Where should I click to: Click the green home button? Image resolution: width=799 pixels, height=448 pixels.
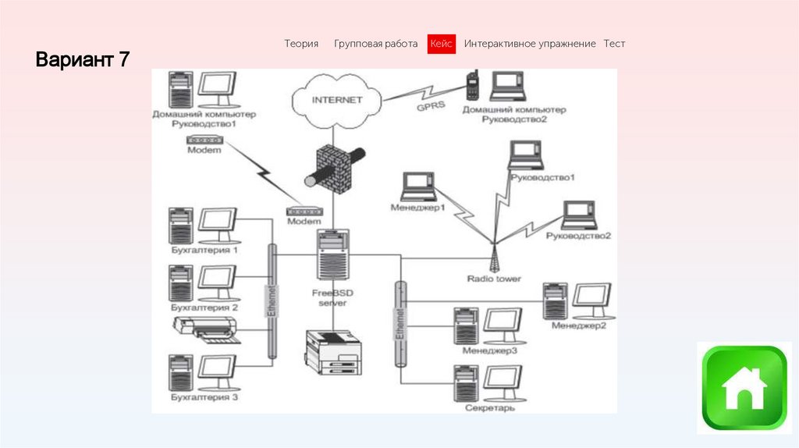[x=744, y=389]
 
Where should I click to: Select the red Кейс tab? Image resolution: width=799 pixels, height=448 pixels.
[x=441, y=44]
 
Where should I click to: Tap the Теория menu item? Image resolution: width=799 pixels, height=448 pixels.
[x=301, y=44]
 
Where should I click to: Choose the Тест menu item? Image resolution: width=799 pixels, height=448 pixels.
[x=614, y=44]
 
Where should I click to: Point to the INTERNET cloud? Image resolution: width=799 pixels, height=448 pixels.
[x=337, y=101]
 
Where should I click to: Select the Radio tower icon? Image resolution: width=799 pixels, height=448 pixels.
[x=494, y=256]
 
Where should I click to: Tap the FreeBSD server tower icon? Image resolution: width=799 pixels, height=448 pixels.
[x=333, y=254]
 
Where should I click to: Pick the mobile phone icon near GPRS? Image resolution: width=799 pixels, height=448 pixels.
[x=472, y=85]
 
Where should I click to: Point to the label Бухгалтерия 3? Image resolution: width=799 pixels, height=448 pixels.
[x=204, y=398]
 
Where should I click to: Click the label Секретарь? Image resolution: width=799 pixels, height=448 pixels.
[x=489, y=407]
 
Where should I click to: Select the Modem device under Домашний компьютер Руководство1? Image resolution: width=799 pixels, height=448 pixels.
[x=205, y=140]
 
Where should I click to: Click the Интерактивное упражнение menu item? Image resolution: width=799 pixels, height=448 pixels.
[x=530, y=44]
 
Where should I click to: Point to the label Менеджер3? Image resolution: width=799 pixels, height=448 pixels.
[x=489, y=350]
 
